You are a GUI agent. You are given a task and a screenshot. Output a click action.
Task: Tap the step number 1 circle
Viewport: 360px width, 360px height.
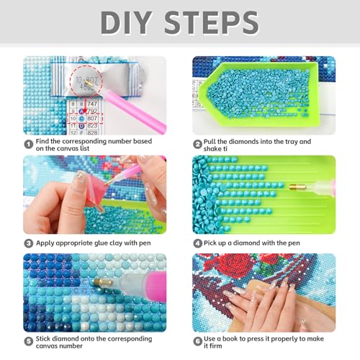(x=28, y=142)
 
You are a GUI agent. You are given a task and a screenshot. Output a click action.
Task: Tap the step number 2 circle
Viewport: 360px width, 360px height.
(x=197, y=142)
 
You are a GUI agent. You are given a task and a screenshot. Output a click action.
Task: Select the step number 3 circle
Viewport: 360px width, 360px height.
(x=28, y=243)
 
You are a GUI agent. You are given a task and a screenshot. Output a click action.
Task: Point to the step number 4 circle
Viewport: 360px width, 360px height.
(x=197, y=243)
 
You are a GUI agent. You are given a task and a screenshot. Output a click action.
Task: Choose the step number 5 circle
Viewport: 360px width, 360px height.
(x=28, y=338)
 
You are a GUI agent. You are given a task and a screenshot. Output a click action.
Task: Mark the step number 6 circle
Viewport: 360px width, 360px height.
(x=197, y=338)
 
